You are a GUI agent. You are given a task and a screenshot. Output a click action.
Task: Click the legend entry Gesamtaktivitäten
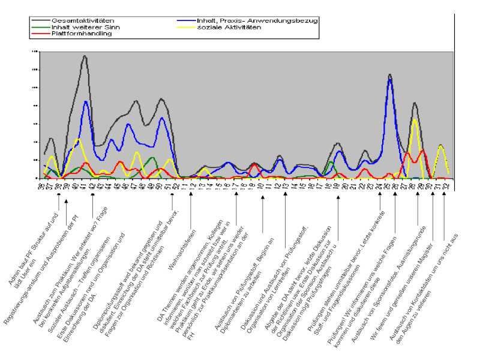point(74,20)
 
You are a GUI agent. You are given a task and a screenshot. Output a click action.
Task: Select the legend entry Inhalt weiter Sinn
point(76,27)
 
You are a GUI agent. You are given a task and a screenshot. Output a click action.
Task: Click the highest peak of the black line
point(85,56)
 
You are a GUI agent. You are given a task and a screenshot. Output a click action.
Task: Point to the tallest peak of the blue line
point(389,79)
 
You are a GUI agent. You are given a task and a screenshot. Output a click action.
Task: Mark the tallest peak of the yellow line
point(414,119)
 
